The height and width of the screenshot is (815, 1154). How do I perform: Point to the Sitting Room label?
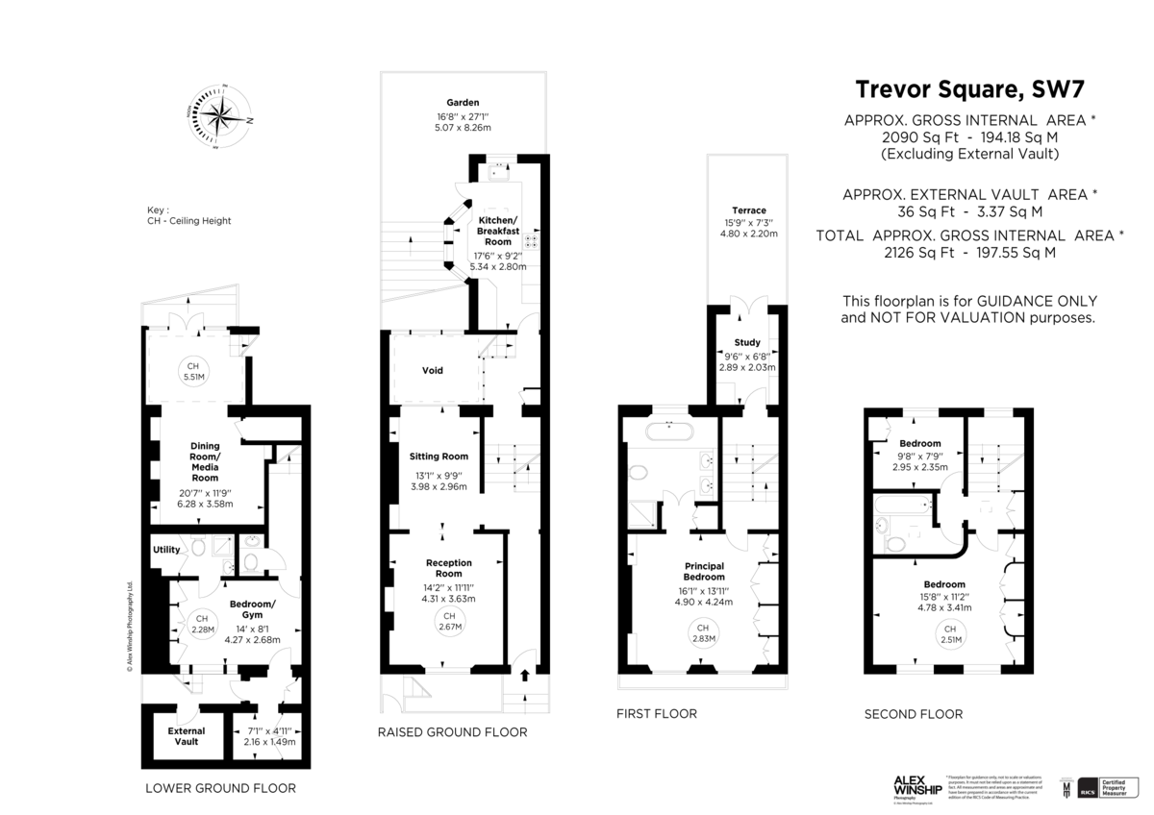438,456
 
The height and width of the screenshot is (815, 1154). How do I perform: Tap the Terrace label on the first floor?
747,210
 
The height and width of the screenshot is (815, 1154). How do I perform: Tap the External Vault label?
183,734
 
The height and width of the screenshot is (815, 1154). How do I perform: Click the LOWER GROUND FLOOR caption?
220,787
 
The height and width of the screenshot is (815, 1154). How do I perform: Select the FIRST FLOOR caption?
658,714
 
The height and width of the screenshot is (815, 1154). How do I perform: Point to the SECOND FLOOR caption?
914,714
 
